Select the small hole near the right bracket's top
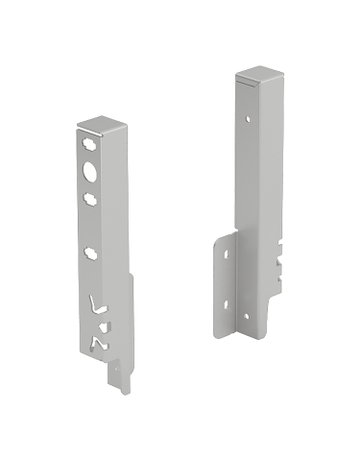point(248,121)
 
